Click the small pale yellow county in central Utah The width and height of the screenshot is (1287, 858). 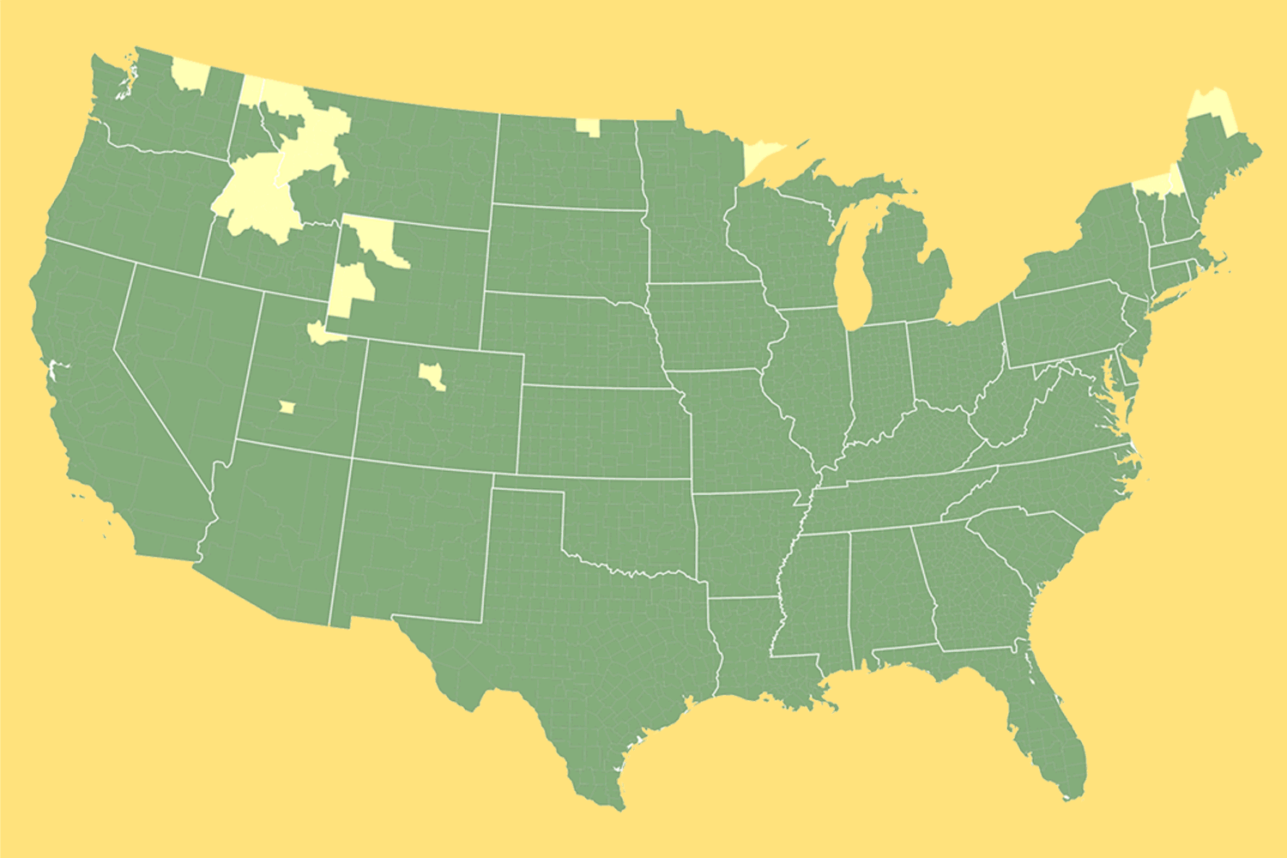(x=287, y=407)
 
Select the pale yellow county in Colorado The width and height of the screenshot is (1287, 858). (x=432, y=374)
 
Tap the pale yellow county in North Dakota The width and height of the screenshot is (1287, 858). (x=588, y=127)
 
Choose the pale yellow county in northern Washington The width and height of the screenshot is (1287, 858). (x=190, y=76)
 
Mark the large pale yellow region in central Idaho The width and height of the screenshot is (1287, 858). (x=257, y=193)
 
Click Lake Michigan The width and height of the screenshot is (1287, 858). (x=853, y=266)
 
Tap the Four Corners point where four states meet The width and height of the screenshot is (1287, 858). (x=352, y=457)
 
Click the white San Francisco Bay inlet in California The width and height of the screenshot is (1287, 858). (x=52, y=372)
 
